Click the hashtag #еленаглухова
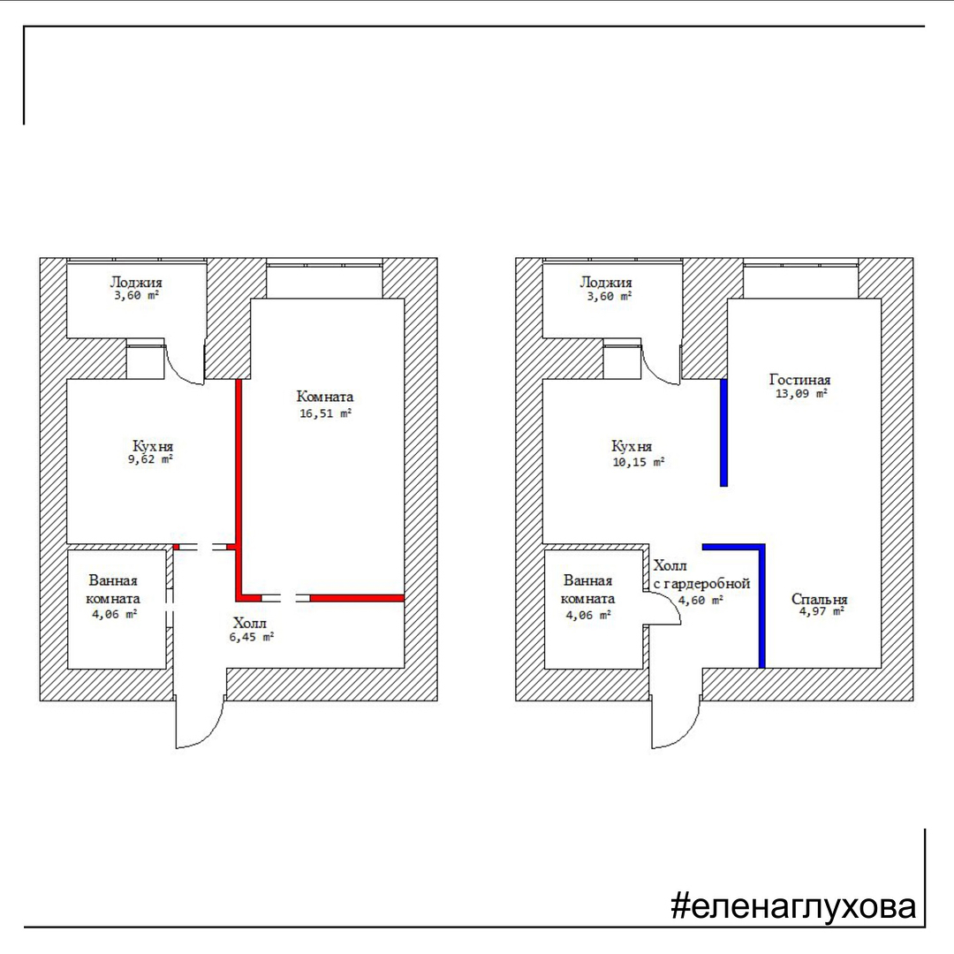(792, 905)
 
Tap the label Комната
(325, 397)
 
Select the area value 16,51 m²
(325, 413)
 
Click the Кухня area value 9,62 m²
(150, 459)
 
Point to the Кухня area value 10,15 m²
(639, 462)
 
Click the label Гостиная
(799, 380)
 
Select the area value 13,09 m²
(801, 394)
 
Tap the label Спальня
(819, 599)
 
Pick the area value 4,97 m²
(821, 611)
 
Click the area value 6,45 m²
(251, 637)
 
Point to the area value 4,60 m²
(700, 601)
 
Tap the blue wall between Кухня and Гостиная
(724, 433)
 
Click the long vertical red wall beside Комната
(238, 487)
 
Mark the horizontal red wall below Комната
(357, 598)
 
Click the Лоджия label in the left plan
(136, 283)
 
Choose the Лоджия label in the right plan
(606, 283)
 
